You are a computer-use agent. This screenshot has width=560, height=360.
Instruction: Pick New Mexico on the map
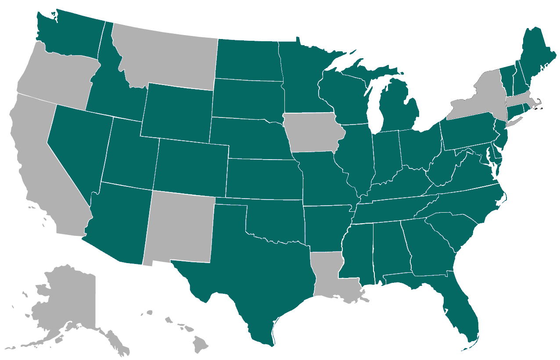180,228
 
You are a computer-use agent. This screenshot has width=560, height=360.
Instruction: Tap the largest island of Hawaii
201,344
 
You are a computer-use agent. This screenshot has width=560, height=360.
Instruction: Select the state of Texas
255,272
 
